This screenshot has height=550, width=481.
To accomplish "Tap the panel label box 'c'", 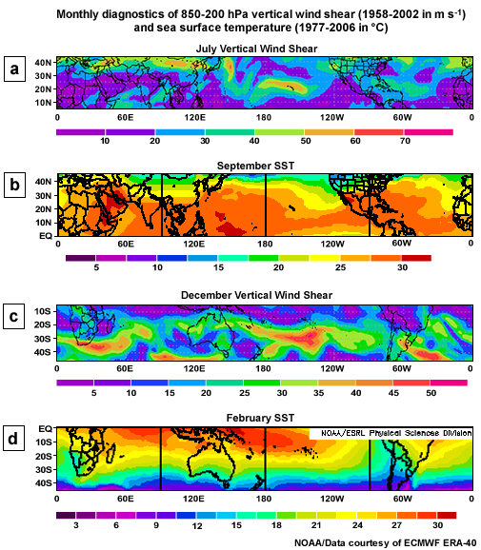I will tap(14, 317).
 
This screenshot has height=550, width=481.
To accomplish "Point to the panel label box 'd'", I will tap(14, 439).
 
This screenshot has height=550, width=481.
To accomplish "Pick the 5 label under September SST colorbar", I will tap(97, 268).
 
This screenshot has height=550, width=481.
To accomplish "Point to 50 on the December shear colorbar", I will tap(431, 391).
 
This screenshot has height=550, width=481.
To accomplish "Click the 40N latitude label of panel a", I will tap(43, 62).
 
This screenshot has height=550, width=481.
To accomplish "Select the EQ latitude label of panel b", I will tap(45, 233).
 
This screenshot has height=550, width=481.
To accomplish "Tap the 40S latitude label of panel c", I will tap(43, 352).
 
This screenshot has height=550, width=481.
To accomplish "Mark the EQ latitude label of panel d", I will tap(45, 429).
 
